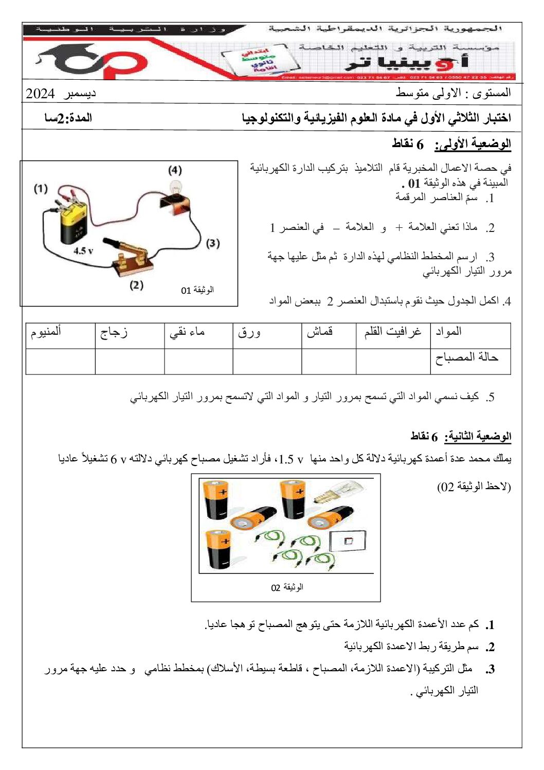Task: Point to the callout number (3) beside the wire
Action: tap(212, 243)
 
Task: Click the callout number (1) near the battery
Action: tap(41, 188)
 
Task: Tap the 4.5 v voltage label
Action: tap(83, 251)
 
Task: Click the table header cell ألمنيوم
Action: tap(46, 332)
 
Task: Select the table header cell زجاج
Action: tap(114, 332)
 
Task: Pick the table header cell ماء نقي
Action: tap(187, 332)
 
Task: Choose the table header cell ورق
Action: tap(249, 332)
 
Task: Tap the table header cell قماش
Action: tap(320, 332)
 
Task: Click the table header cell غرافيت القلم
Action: tap(393, 332)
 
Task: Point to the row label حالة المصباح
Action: tap(467, 357)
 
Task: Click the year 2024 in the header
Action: tap(40, 94)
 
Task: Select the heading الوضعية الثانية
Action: tap(478, 437)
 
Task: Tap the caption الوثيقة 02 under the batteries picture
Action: tap(287, 587)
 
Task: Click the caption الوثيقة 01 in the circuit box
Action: tap(197, 290)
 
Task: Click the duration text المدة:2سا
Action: tap(68, 118)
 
